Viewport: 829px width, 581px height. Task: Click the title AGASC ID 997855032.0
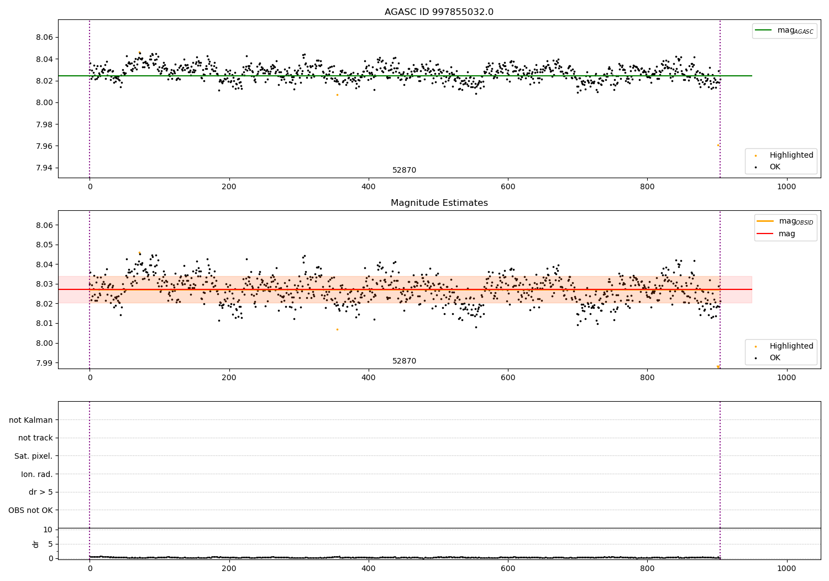(x=439, y=12)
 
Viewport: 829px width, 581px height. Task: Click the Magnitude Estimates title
(x=439, y=203)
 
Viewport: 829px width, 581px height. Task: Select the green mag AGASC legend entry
(x=784, y=30)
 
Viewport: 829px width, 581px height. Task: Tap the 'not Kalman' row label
(x=31, y=420)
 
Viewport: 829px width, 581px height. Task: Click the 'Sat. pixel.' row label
(x=33, y=456)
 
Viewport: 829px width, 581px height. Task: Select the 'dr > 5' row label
(x=40, y=492)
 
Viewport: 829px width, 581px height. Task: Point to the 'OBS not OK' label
(x=30, y=510)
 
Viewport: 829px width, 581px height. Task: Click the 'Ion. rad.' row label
(x=36, y=474)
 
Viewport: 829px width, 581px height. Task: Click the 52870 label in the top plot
(x=404, y=170)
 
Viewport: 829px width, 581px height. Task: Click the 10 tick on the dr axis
(x=48, y=530)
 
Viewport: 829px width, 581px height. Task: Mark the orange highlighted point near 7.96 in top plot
(x=718, y=145)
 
